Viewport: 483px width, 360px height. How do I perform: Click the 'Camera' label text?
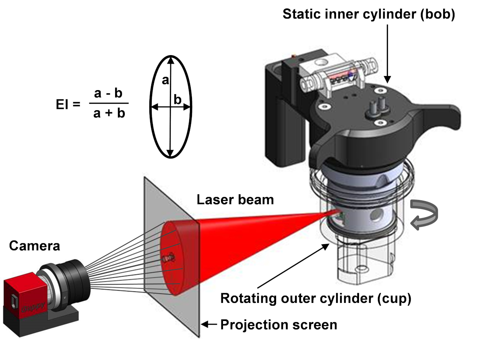(35, 246)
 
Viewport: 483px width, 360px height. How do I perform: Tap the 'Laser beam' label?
(235, 200)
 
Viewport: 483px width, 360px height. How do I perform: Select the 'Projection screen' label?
(279, 325)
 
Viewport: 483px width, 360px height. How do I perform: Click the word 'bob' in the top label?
(437, 14)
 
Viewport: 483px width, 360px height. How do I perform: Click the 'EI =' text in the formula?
(68, 104)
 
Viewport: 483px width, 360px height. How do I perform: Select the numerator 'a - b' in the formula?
(108, 93)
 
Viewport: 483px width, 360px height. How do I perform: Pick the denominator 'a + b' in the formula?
(109, 113)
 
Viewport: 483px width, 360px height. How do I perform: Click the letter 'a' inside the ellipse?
(165, 80)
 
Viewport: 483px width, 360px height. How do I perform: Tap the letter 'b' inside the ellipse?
(178, 100)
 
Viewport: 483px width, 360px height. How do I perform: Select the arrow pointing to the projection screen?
(209, 324)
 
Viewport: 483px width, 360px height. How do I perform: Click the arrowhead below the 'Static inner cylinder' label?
(388, 80)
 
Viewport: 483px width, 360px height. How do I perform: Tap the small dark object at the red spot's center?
(169, 258)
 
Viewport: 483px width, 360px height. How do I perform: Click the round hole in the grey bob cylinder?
(377, 215)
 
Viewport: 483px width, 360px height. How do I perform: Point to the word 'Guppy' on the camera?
(33, 307)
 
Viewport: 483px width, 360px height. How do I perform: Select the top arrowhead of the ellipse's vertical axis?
(171, 60)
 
